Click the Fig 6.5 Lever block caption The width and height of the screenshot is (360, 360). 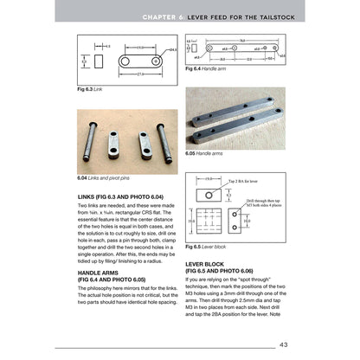tap(212, 247)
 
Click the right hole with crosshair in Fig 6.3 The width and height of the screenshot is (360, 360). tap(157, 62)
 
